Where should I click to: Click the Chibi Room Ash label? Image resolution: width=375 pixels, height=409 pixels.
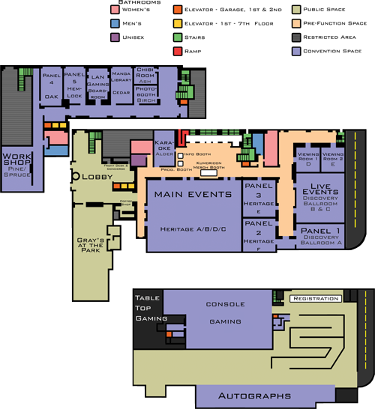(145, 76)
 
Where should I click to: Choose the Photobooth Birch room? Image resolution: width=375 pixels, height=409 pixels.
(145, 95)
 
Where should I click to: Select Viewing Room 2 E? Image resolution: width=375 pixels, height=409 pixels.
(332, 160)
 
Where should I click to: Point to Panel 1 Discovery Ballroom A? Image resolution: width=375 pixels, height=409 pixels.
(320, 235)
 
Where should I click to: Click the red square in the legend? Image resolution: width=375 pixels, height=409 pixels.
(177, 50)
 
